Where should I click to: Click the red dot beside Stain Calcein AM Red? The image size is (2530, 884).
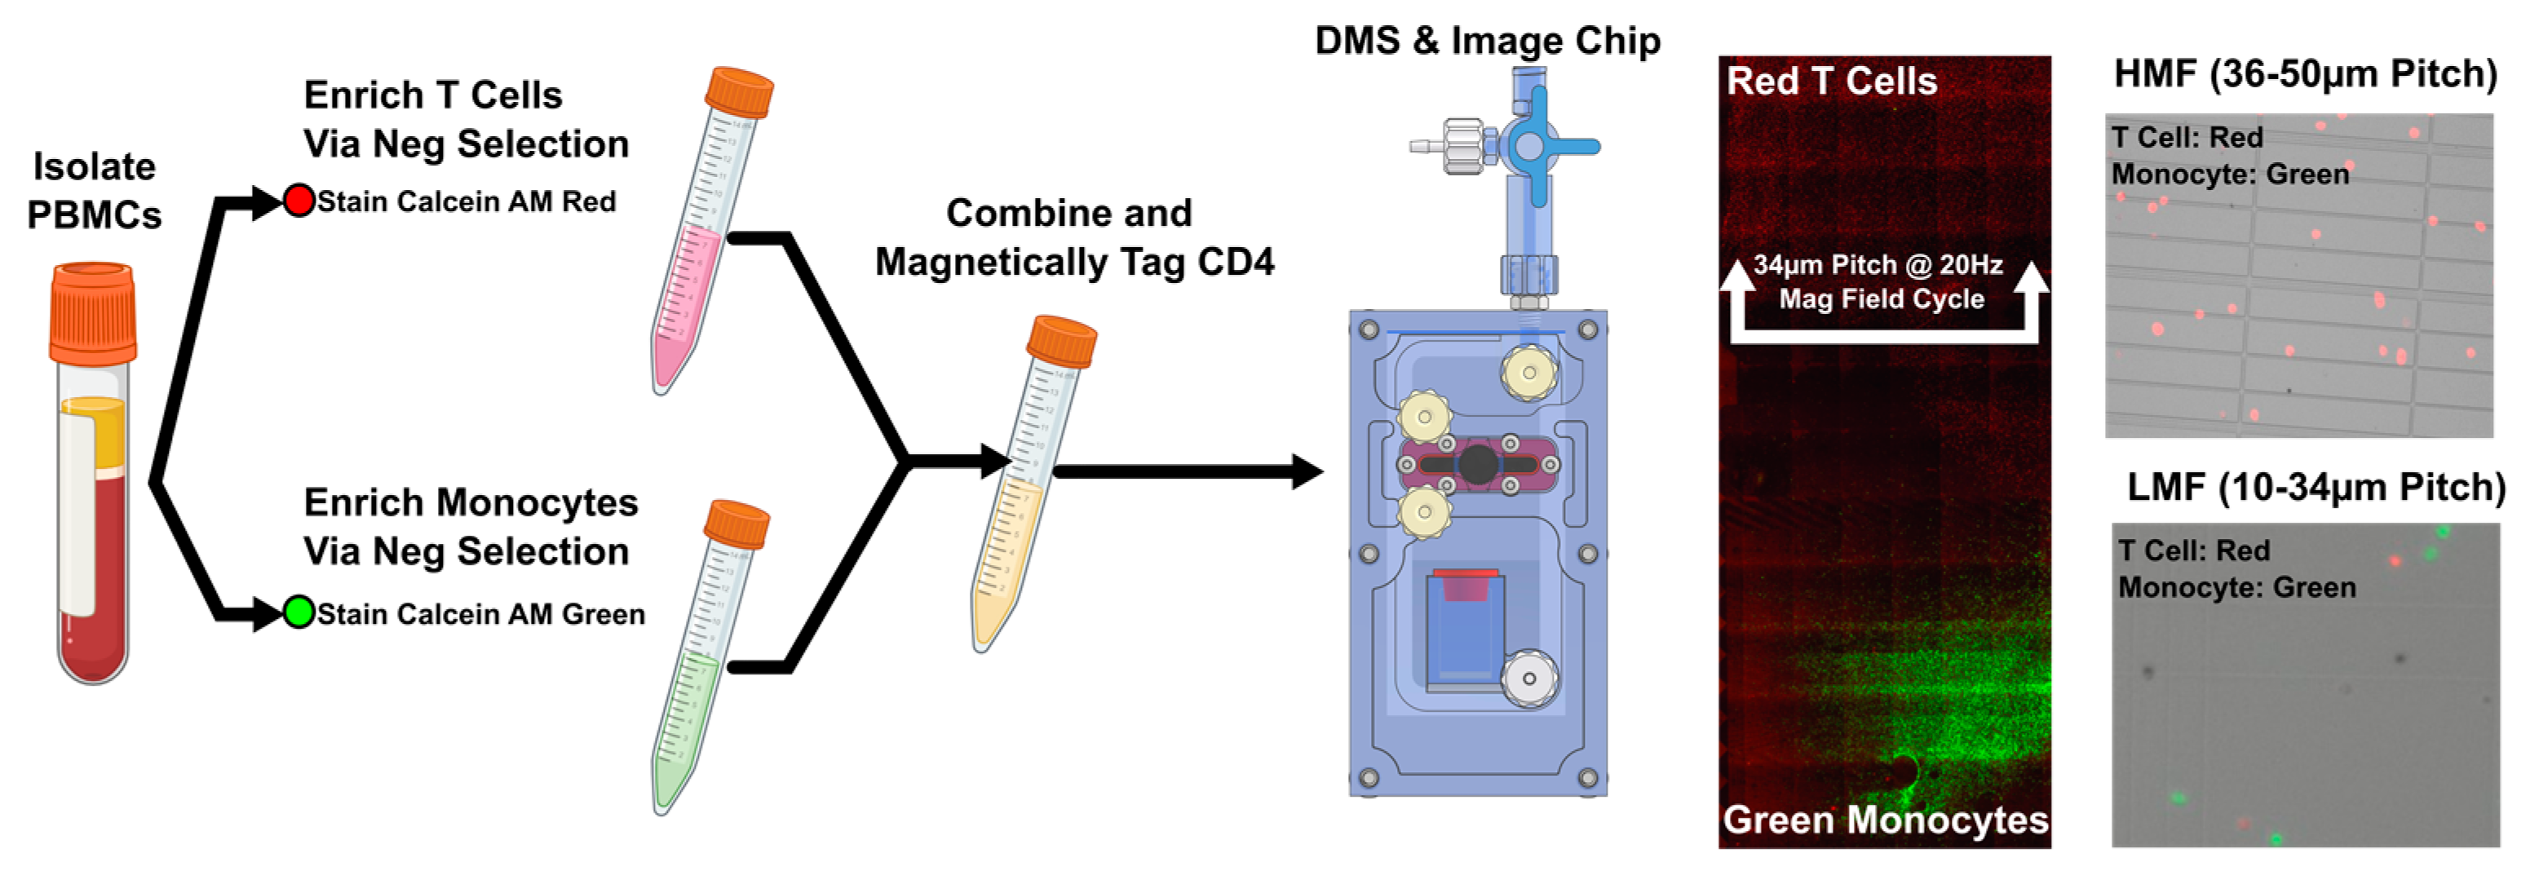(299, 201)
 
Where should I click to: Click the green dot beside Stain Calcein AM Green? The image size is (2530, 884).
(299, 612)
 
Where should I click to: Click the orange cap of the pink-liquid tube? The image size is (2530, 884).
(739, 91)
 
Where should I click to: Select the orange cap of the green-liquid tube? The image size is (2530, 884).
(736, 524)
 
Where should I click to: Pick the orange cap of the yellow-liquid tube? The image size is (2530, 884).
(1061, 340)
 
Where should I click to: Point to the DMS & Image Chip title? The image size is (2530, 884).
(1487, 40)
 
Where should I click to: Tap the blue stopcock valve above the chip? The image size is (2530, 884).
(1529, 146)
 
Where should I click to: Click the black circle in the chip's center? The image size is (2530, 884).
(1477, 463)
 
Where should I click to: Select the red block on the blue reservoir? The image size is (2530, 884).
(1463, 585)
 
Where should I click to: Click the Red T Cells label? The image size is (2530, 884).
(1832, 81)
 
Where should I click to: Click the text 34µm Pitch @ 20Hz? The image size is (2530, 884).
(1878, 265)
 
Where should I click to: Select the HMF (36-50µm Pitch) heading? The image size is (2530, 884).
(2304, 73)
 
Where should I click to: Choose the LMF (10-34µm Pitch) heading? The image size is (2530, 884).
(2315, 487)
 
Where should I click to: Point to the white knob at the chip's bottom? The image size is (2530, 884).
(1528, 678)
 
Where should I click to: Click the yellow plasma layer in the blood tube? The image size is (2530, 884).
(93, 432)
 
